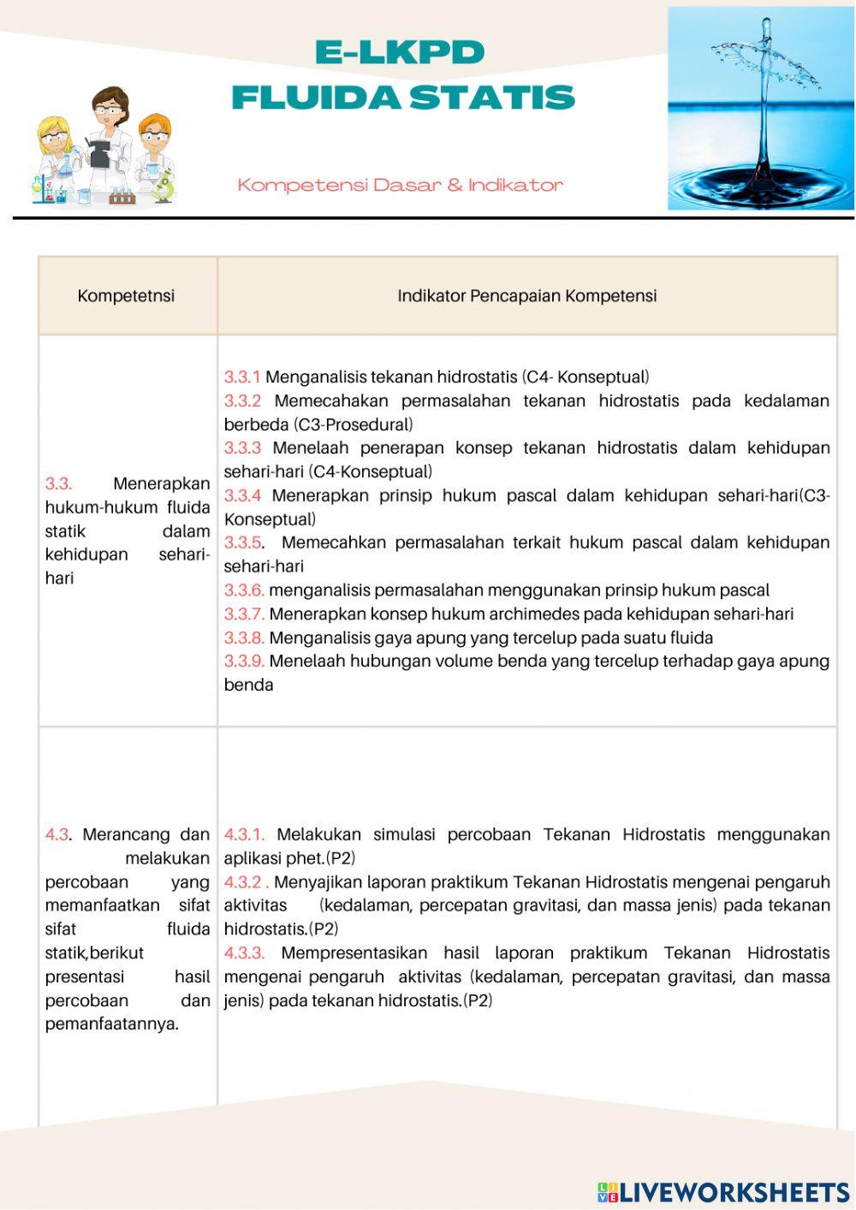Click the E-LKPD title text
(400, 53)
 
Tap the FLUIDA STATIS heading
(402, 98)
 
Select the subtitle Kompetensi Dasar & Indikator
(400, 185)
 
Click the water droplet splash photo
(760, 109)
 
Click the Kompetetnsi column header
(126, 296)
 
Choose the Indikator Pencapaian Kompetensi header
(526, 296)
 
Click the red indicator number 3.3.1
(242, 377)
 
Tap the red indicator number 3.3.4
(242, 495)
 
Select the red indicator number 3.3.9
(245, 661)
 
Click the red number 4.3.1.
(244, 834)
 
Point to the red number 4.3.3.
(244, 953)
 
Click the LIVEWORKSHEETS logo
(723, 1192)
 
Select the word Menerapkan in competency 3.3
(161, 484)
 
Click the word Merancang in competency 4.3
(120, 834)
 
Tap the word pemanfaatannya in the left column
(111, 1024)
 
